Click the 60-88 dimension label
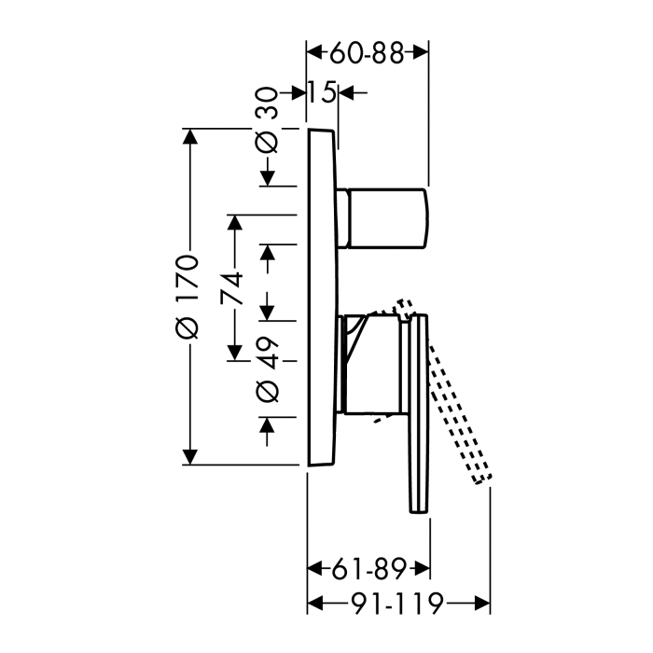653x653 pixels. (x=367, y=53)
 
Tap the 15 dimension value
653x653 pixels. (x=322, y=92)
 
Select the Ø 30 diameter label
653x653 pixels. (x=267, y=119)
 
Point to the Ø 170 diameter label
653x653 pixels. (x=187, y=296)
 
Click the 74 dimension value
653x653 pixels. (x=231, y=287)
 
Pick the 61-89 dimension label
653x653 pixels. (x=368, y=569)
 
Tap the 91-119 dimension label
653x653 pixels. (x=396, y=604)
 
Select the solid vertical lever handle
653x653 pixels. (x=419, y=413)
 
